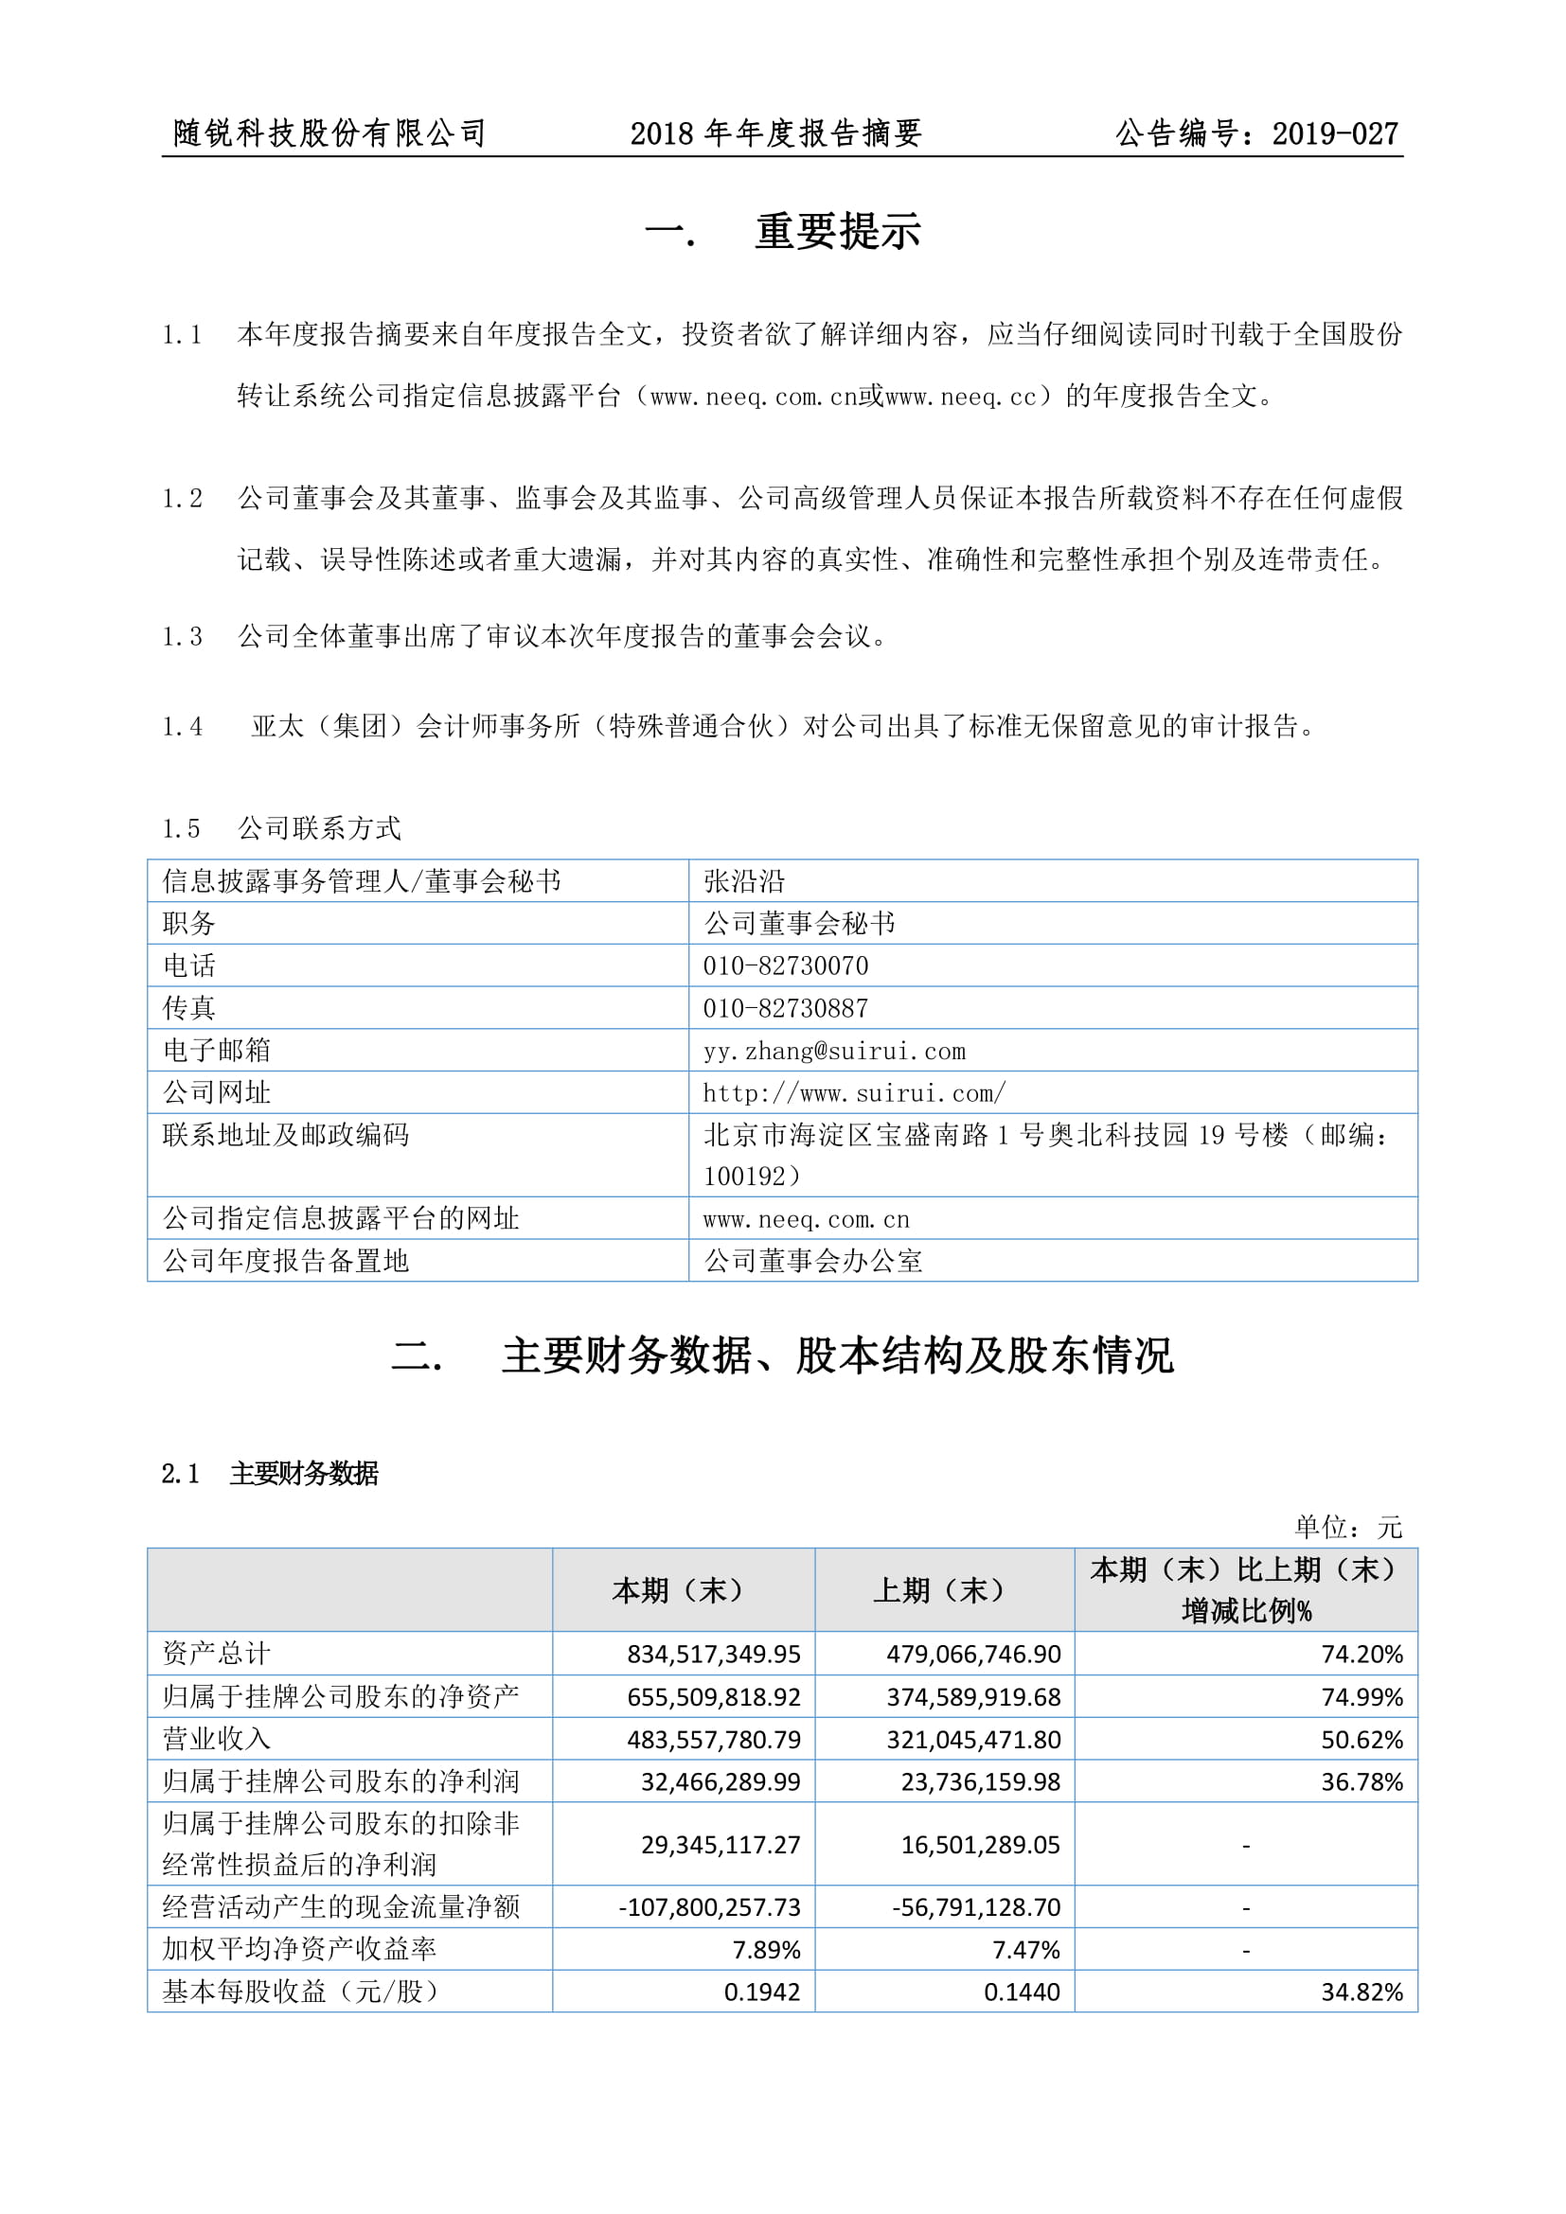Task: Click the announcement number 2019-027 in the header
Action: pos(1335,133)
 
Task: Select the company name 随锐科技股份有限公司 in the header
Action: pos(329,133)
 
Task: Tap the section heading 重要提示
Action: pos(837,231)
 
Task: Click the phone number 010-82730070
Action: pos(785,965)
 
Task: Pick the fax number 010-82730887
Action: pos(785,1008)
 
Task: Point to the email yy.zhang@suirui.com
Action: pos(834,1050)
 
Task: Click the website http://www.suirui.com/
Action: pos(854,1092)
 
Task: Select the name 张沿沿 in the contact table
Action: pos(744,880)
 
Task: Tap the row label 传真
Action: pos(189,1008)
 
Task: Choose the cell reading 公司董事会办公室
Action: pos(813,1260)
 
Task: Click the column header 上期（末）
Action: pos(944,1590)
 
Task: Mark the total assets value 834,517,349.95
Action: pos(714,1654)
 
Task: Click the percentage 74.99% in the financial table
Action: pos(1361,1696)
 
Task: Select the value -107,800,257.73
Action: pos(710,1906)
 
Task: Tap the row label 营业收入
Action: pos(216,1739)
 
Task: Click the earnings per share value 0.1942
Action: pos(762,1992)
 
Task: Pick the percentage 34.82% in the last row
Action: pos(1361,1992)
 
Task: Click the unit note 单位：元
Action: pos(1347,1527)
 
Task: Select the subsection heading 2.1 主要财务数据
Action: pos(270,1474)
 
